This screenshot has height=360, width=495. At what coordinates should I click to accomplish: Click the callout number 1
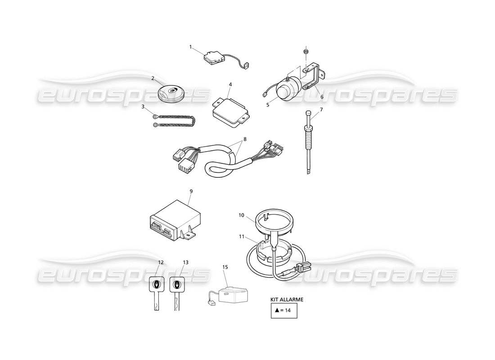[190, 46]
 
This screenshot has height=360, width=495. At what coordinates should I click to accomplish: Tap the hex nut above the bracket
[306, 53]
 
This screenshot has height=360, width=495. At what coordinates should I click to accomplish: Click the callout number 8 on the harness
[245, 139]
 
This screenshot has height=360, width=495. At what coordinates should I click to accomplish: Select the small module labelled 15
[230, 295]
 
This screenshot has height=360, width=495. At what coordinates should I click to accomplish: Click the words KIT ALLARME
[287, 299]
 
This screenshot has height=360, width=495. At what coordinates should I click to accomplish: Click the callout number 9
[191, 191]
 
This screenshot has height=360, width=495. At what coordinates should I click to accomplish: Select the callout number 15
[225, 267]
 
